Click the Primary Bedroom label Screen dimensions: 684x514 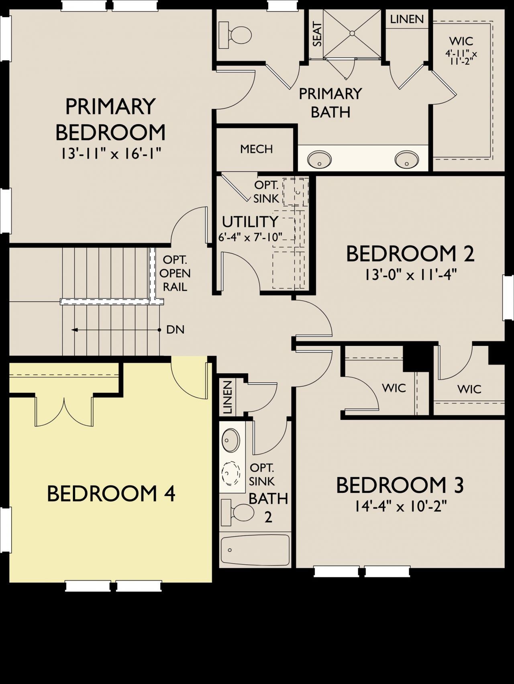coord(110,119)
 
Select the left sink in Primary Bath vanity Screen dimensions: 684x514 coord(319,159)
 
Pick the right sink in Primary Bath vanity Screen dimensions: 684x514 coord(407,159)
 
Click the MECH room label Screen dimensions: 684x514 coord(256,149)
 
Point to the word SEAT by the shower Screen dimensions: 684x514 coord(317,35)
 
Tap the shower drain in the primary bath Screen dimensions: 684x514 coord(352,33)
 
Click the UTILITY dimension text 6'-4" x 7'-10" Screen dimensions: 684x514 coord(250,237)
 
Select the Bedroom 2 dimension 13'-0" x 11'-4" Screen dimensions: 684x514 coord(410,275)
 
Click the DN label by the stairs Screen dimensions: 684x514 coord(175,330)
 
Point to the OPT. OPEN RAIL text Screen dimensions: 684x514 coord(175,274)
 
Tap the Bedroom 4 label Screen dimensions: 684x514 coord(111,493)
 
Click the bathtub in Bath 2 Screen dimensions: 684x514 coord(255,549)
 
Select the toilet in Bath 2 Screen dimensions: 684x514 coord(239,512)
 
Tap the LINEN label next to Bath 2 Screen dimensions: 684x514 coord(227,397)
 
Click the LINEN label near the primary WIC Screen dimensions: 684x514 coord(407,19)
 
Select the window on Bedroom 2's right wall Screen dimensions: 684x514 coord(508,297)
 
